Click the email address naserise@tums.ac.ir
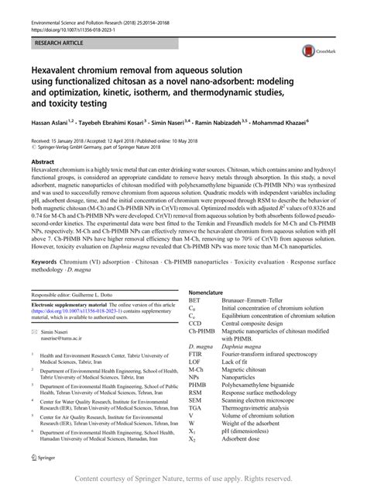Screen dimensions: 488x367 pyautogui.click(x=67, y=339)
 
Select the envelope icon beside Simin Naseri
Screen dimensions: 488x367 pyautogui.click(x=35, y=331)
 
